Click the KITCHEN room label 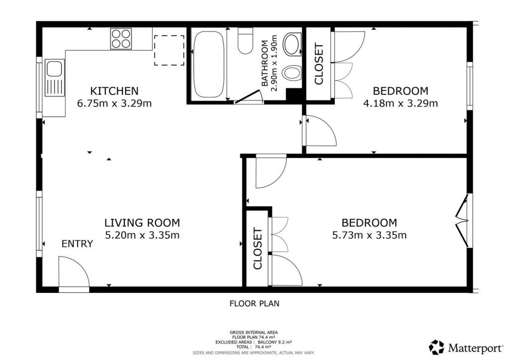(114, 90)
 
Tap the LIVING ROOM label (142, 223)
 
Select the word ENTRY (77, 244)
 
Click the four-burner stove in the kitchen (121, 39)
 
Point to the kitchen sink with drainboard (55, 78)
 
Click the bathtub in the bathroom (209, 64)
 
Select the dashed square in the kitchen (169, 50)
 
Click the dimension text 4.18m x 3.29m (401, 103)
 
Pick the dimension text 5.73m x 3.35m (369, 235)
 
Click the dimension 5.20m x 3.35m (142, 235)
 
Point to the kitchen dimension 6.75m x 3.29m (114, 103)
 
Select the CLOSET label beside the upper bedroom (319, 64)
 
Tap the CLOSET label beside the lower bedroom (258, 249)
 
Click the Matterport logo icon (436, 348)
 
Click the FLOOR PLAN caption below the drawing (254, 303)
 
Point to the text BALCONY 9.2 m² (274, 342)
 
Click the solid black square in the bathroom (294, 96)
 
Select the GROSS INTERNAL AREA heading (254, 333)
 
